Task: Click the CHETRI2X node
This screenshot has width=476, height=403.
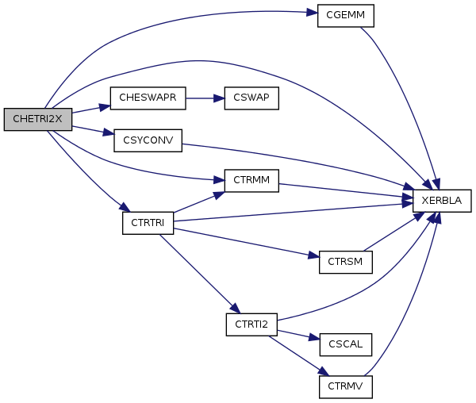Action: pyautogui.click(x=38, y=119)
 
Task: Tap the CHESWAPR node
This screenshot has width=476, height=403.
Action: pyautogui.click(x=148, y=98)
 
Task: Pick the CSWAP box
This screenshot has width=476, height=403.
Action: pyautogui.click(x=251, y=98)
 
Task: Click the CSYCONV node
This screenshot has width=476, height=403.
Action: pyautogui.click(x=148, y=140)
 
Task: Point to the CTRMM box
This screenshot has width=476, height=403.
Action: pyautogui.click(x=251, y=181)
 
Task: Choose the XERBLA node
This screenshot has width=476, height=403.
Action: pyautogui.click(x=443, y=201)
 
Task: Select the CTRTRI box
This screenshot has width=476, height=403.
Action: pyautogui.click(x=148, y=223)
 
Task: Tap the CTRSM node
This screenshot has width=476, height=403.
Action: pyautogui.click(x=345, y=263)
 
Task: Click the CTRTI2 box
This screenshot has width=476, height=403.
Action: pyautogui.click(x=251, y=324)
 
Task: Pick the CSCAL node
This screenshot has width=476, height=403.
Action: pyautogui.click(x=345, y=344)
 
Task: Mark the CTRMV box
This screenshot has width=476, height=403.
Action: pyautogui.click(x=345, y=386)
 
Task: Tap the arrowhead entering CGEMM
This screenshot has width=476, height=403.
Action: pyautogui.click(x=313, y=13)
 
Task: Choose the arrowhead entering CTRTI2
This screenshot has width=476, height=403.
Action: pyautogui.click(x=235, y=311)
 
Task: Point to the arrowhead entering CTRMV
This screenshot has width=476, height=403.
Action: pyautogui.click(x=324, y=374)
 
